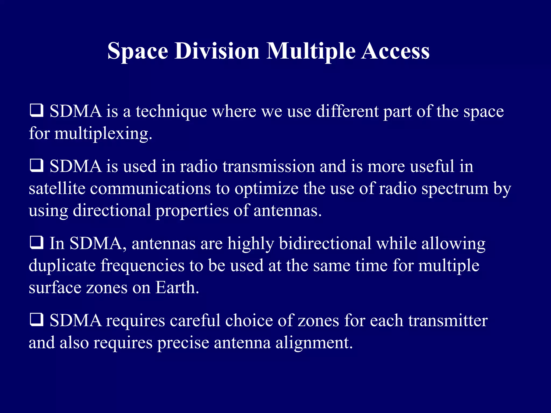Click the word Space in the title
click(138, 51)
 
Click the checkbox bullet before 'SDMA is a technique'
click(36, 111)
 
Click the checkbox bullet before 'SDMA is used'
click(36, 166)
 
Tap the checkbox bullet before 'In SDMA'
click(36, 243)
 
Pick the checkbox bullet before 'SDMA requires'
click(36, 320)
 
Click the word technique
click(171, 111)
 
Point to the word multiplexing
click(103, 134)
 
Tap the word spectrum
click(455, 189)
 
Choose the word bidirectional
click(325, 243)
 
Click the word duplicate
click(62, 266)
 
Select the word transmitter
click(448, 321)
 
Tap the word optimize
click(266, 189)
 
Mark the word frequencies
click(142, 266)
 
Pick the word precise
click(183, 343)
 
